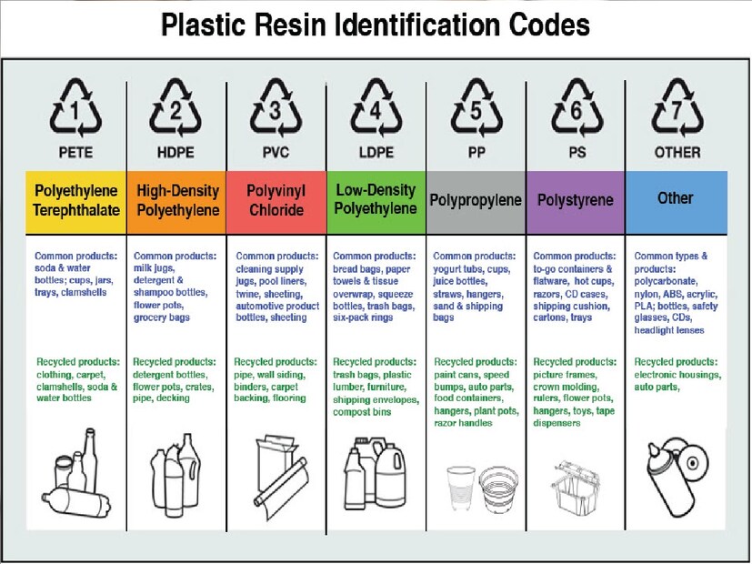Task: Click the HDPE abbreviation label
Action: tap(176, 153)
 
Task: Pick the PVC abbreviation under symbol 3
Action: tap(276, 153)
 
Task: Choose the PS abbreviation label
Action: tap(576, 153)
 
